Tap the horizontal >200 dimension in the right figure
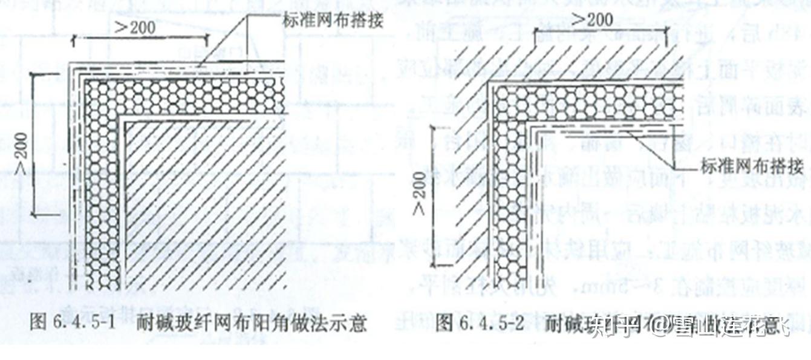click(x=591, y=20)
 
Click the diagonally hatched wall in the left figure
click(x=206, y=200)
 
